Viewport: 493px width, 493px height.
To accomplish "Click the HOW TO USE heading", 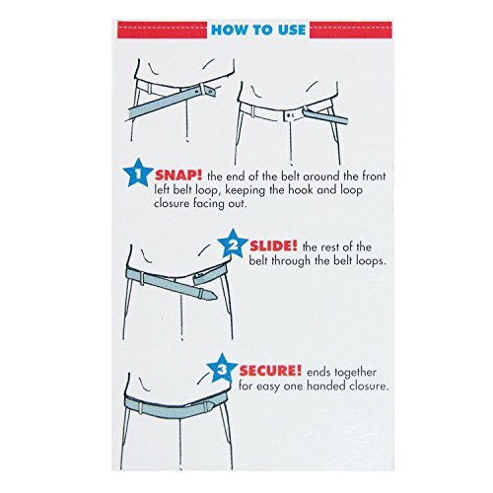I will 246,30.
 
